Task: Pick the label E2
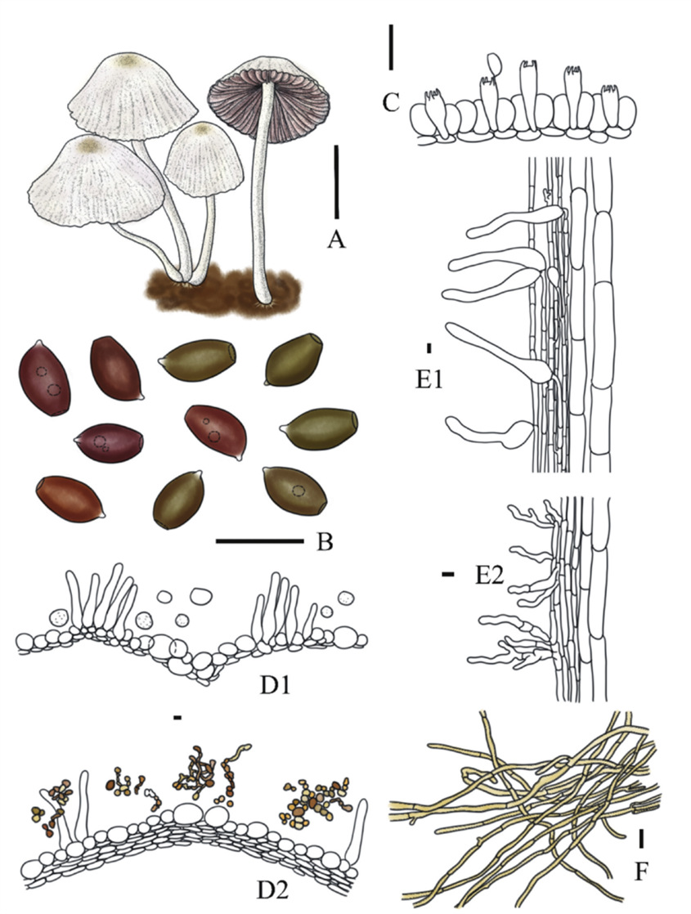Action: (490, 577)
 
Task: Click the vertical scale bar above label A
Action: (335, 183)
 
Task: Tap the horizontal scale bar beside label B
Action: (260, 540)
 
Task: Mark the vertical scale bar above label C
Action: (392, 47)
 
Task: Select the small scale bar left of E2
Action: (447, 576)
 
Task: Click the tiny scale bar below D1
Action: (177, 718)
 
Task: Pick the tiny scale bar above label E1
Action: (429, 348)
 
